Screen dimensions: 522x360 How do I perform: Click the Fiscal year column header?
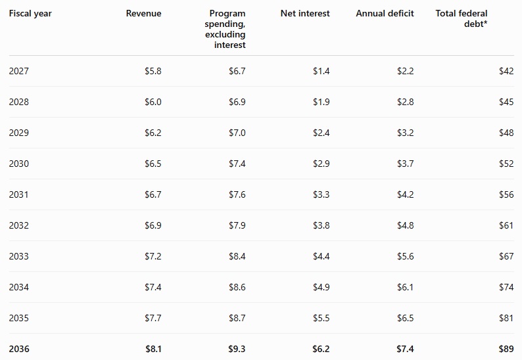(x=30, y=14)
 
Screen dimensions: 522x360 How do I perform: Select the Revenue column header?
(x=143, y=13)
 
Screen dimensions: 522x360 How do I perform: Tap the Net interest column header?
(x=305, y=13)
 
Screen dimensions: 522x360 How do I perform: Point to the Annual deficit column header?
(x=385, y=13)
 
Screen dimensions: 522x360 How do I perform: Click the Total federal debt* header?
(x=462, y=18)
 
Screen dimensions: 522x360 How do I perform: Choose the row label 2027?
(x=18, y=71)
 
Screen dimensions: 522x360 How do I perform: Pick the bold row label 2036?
(x=19, y=349)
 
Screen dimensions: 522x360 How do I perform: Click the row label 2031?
(x=18, y=194)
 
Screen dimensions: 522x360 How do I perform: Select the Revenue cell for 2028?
(x=153, y=102)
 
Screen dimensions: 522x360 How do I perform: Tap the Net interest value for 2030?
(x=321, y=164)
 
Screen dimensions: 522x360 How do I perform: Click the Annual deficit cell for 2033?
(x=405, y=256)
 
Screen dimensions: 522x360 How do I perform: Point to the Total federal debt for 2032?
(x=506, y=225)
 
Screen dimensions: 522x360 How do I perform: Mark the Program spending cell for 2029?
(x=237, y=133)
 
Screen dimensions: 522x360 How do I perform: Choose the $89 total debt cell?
(x=506, y=349)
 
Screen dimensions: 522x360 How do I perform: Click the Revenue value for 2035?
(x=153, y=318)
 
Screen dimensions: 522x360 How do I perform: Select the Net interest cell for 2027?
(x=321, y=71)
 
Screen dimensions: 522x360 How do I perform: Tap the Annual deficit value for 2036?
(x=405, y=349)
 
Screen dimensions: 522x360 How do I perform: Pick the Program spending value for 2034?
(x=237, y=287)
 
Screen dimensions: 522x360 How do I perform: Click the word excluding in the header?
(x=225, y=35)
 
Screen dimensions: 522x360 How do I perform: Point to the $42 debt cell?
(x=506, y=71)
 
